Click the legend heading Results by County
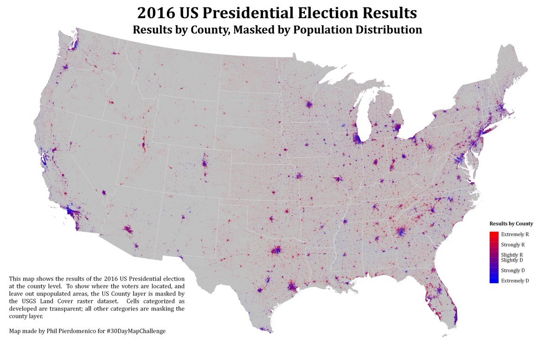pyautogui.click(x=511, y=224)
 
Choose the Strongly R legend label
pyautogui.click(x=512, y=244)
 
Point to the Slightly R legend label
pyautogui.click(x=512, y=255)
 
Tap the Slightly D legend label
pyautogui.click(x=512, y=260)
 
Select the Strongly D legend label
pyautogui.click(x=512, y=270)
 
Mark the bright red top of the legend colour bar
pyautogui.click(x=494, y=234)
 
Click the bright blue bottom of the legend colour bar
pyautogui.click(x=494, y=280)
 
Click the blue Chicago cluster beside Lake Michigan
pyautogui.click(x=358, y=138)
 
